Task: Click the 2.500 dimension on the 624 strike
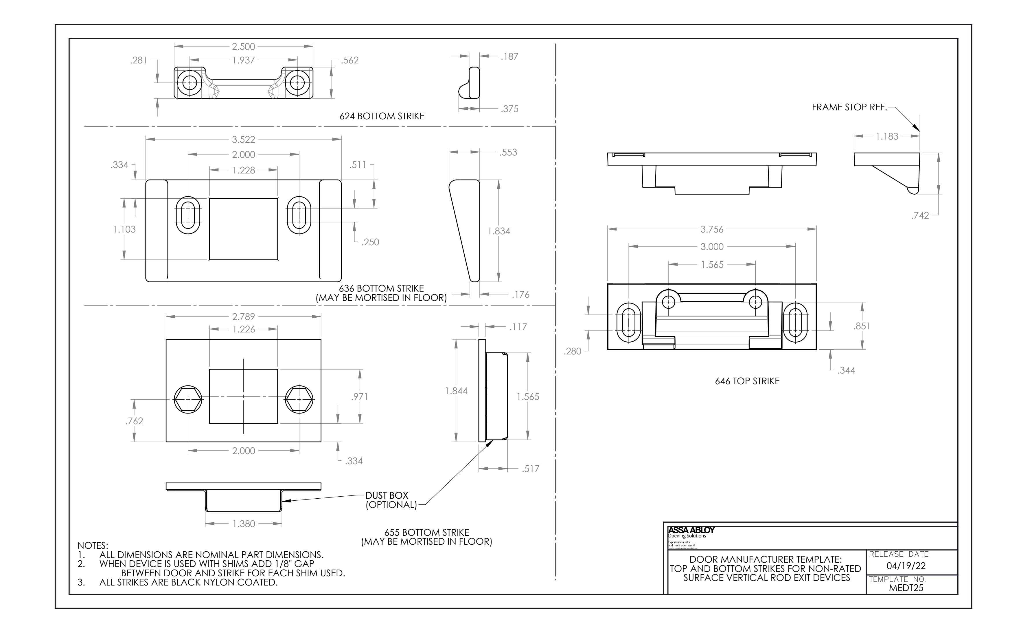(x=243, y=46)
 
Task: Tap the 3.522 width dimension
(x=243, y=139)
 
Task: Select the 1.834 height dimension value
(x=499, y=231)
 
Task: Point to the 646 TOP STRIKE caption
(x=747, y=381)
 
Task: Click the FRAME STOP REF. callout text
(x=849, y=107)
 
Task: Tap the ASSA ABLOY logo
(x=691, y=530)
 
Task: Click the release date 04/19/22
(x=906, y=566)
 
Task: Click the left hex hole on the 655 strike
(x=188, y=399)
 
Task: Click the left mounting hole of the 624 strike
(x=190, y=83)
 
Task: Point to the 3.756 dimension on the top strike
(x=712, y=229)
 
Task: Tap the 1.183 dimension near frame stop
(x=887, y=136)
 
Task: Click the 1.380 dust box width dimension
(x=243, y=524)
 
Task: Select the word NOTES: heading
(x=93, y=546)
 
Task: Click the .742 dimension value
(x=920, y=216)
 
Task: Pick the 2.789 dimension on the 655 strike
(x=243, y=317)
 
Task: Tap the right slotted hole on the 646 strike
(x=795, y=323)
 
